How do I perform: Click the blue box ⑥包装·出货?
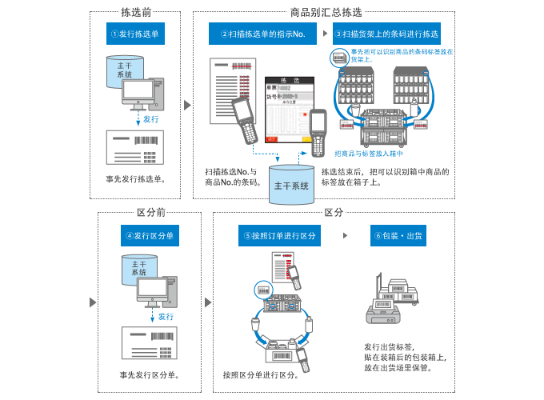(400, 236)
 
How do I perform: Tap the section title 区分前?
(150, 213)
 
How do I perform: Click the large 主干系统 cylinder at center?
(291, 184)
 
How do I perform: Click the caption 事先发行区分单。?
(150, 374)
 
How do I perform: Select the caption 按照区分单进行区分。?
(261, 374)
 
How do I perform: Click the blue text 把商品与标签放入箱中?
(369, 154)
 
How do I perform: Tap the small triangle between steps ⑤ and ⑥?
(345, 236)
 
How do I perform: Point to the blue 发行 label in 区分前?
(166, 317)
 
